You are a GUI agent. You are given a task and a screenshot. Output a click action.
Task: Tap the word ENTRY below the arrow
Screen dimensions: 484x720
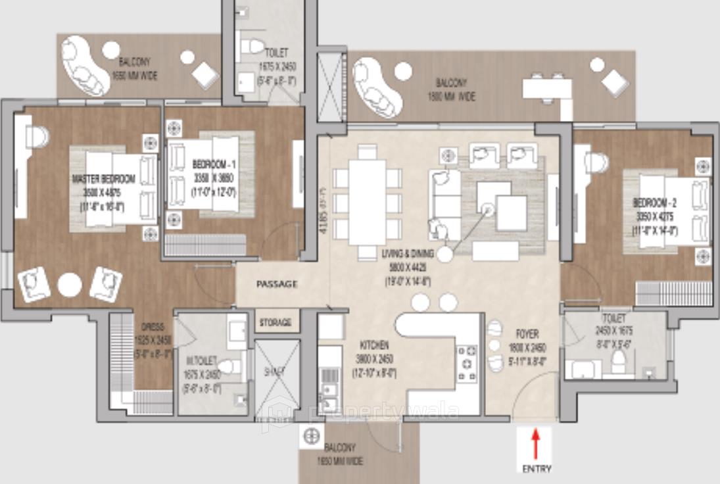click(x=537, y=469)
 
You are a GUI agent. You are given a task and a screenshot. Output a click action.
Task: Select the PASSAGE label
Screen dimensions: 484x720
click(x=277, y=284)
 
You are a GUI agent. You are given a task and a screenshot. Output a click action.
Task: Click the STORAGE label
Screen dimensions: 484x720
click(x=276, y=323)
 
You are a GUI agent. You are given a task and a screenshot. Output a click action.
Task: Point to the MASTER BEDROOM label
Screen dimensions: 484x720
click(x=104, y=179)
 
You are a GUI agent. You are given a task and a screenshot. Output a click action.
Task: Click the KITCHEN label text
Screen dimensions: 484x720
click(x=373, y=345)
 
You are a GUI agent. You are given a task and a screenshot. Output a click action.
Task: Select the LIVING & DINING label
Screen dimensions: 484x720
click(x=407, y=253)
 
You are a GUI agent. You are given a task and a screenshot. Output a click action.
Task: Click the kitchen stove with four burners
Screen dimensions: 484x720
click(x=468, y=363)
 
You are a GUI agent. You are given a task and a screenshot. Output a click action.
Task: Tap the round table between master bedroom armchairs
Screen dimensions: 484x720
click(x=69, y=285)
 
